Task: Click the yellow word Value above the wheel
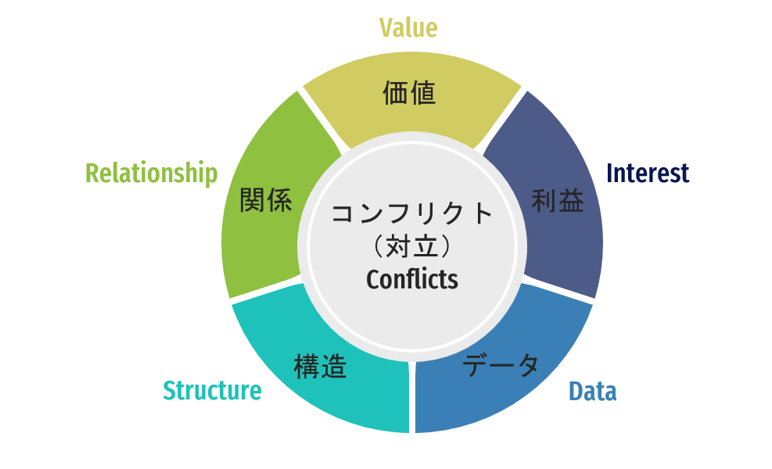pyautogui.click(x=408, y=27)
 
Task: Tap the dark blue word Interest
pyautogui.click(x=648, y=173)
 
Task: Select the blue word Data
pyautogui.click(x=592, y=392)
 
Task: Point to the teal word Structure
pyautogui.click(x=212, y=390)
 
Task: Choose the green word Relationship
pyautogui.click(x=152, y=174)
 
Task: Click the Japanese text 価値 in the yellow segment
pyautogui.click(x=409, y=93)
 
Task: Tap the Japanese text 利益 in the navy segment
pyautogui.click(x=558, y=201)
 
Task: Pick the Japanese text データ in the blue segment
pyautogui.click(x=501, y=365)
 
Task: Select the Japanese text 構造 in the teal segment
pyautogui.click(x=320, y=367)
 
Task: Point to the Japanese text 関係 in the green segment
pyautogui.click(x=266, y=200)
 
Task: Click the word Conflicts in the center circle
pyautogui.click(x=412, y=279)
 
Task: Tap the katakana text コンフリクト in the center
pyautogui.click(x=412, y=213)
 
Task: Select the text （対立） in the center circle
pyautogui.click(x=412, y=246)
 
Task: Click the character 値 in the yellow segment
pyautogui.click(x=423, y=93)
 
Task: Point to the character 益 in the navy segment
pyautogui.click(x=572, y=201)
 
